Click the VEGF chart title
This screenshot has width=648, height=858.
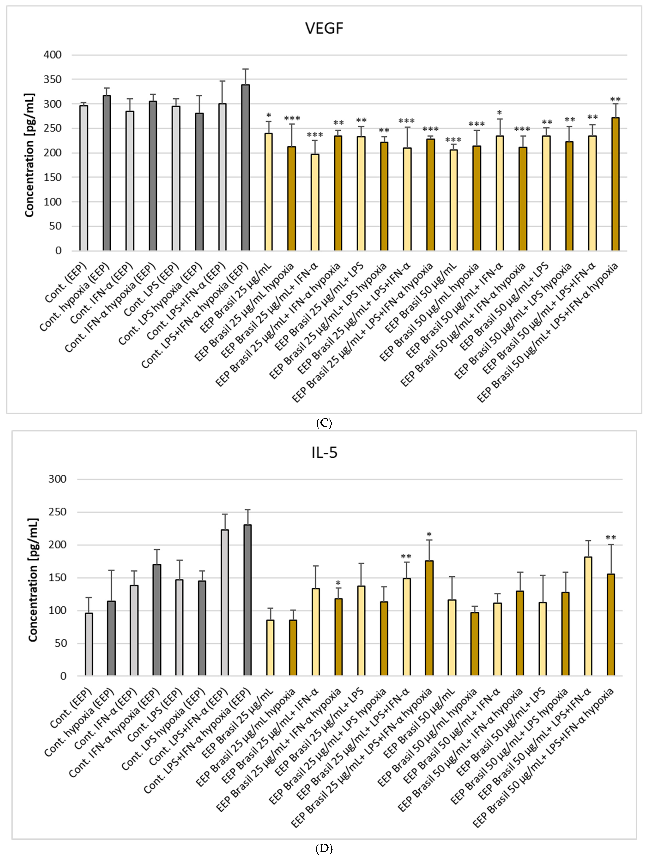[324, 28]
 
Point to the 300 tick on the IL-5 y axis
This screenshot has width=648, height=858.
[58, 479]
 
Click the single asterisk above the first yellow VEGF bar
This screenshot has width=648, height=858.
[269, 116]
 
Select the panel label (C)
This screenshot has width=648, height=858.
[324, 423]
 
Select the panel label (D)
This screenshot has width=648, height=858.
[324, 849]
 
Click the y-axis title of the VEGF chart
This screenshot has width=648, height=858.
[30, 155]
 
